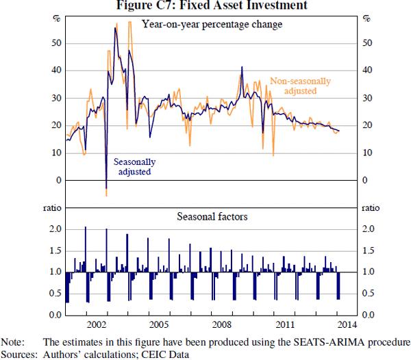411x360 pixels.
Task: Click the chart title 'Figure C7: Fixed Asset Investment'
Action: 206,6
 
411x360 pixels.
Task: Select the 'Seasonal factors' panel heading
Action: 212,216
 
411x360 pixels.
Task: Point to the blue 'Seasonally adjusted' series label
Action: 134,167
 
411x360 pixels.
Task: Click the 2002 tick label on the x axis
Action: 97,324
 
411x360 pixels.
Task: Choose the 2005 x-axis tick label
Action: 160,324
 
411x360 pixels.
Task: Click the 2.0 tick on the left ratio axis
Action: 55,229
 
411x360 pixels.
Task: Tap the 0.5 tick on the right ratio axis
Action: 368,294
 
